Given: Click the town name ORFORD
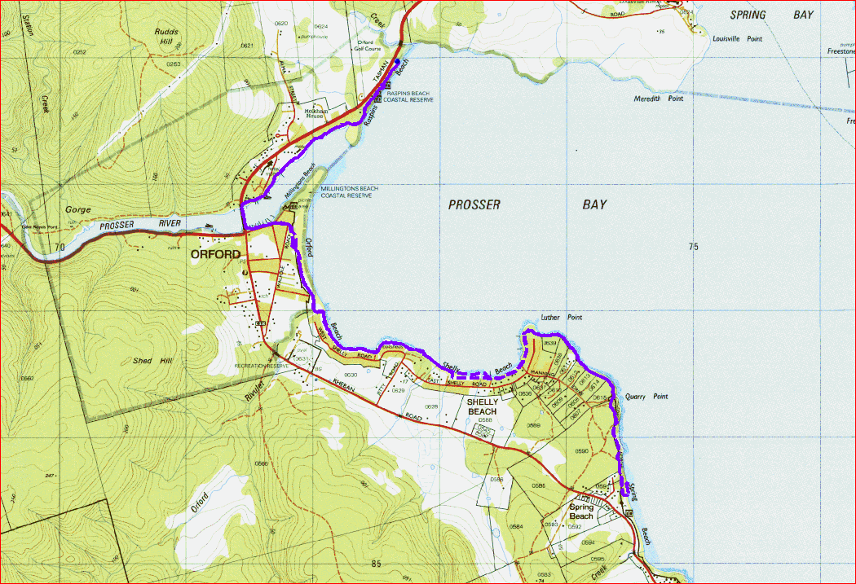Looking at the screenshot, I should click(215, 254).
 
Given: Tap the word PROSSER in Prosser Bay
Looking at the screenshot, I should click(474, 204).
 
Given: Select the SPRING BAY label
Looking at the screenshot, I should click(771, 15).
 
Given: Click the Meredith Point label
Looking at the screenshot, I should click(658, 99).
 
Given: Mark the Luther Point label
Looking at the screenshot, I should click(562, 318).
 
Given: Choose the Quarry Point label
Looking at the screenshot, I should click(646, 397).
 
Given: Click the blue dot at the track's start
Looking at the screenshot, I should click(397, 62).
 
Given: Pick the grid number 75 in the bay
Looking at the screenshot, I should click(693, 247).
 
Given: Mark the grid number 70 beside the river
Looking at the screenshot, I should click(58, 245).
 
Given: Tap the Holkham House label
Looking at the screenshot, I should click(315, 114).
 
